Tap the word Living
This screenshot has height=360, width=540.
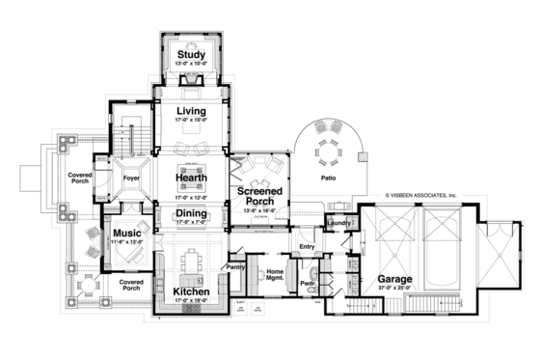coord(192,113)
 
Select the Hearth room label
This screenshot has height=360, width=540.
coord(193,178)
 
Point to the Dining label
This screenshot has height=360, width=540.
coord(192,214)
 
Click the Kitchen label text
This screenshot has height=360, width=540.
coord(191,291)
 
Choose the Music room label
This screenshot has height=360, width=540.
coord(127,234)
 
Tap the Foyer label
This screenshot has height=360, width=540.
coord(132,177)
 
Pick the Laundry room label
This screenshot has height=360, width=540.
coord(338,224)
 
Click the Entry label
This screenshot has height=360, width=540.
coord(307,247)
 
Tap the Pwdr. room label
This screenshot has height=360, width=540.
coord(309,284)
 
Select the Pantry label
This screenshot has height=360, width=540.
coord(234,266)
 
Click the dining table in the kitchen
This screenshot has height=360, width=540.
coord(190,259)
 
